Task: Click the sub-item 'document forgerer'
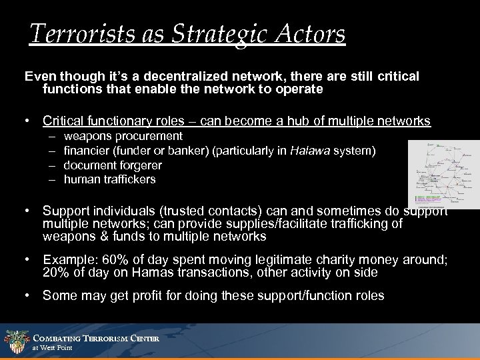pyautogui.click(x=113, y=165)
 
